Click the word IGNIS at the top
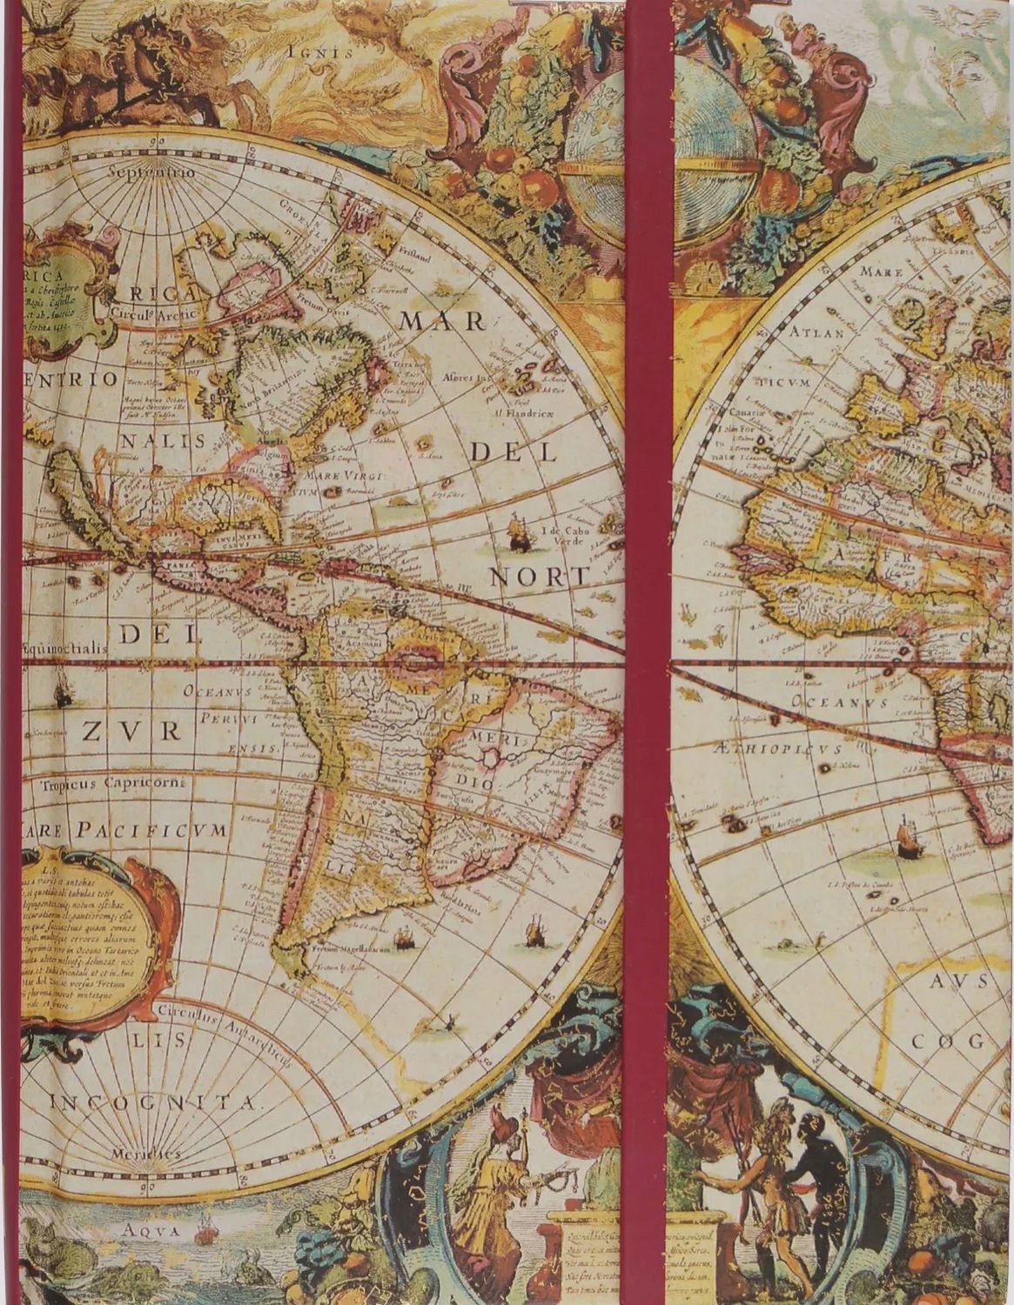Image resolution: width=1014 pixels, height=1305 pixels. (320, 51)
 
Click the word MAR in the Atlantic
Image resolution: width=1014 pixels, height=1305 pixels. (442, 321)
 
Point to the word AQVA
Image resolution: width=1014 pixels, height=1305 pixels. (150, 1230)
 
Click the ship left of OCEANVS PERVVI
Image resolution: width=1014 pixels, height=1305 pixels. (63, 693)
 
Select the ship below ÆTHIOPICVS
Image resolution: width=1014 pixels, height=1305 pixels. (908, 835)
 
